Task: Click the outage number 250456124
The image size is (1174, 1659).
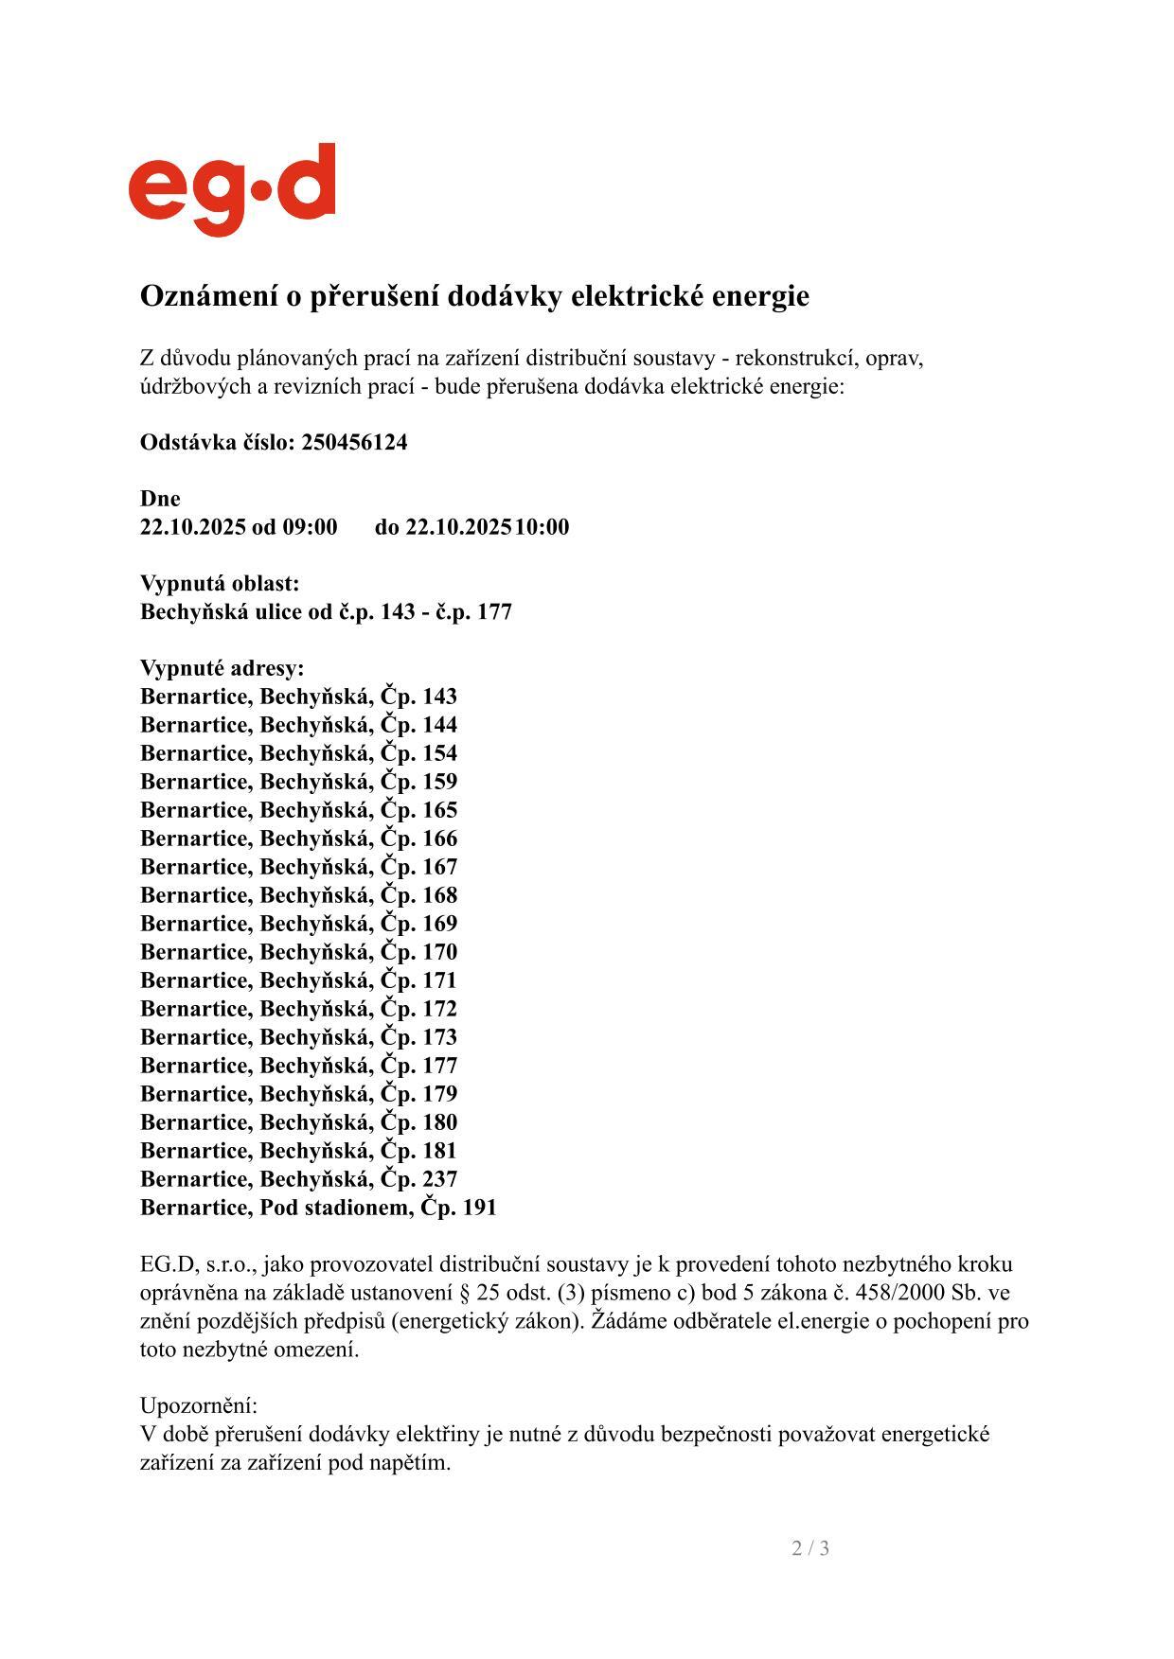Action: (x=354, y=443)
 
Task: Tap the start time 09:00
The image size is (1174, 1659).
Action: (x=310, y=527)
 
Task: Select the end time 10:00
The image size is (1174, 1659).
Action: (x=543, y=527)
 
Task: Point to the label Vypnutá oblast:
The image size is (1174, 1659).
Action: (x=220, y=584)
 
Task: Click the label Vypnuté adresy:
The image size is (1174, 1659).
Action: (x=222, y=669)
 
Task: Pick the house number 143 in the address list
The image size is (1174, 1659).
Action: (x=439, y=697)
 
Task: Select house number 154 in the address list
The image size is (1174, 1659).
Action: (x=439, y=754)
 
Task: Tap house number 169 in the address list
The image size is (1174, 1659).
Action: (x=439, y=925)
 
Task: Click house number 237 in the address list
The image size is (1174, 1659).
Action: (x=439, y=1180)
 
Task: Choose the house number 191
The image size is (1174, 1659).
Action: (x=478, y=1209)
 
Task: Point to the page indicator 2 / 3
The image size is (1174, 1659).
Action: (x=810, y=1548)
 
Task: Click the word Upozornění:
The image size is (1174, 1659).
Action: (x=199, y=1405)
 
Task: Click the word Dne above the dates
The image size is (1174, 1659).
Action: (x=160, y=499)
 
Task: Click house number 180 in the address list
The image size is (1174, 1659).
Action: (x=439, y=1123)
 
